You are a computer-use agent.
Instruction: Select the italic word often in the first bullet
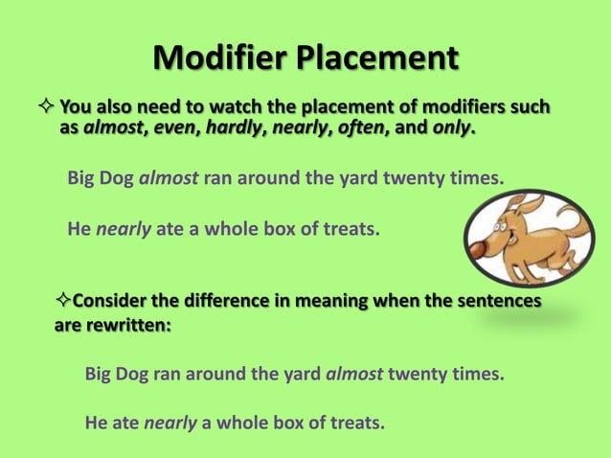point(354,127)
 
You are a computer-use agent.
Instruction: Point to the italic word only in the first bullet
point(450,127)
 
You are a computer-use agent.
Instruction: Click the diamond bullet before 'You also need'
point(45,105)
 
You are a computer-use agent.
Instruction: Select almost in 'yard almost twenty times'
point(355,373)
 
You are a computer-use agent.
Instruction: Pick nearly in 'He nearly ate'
point(124,229)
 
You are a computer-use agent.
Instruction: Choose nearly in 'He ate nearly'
point(170,421)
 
